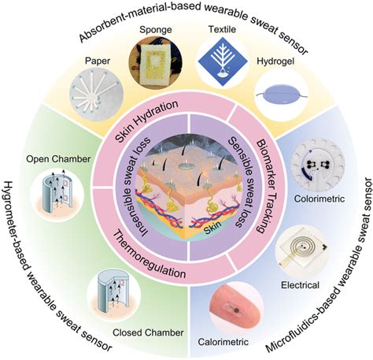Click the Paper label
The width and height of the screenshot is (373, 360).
coord(98,61)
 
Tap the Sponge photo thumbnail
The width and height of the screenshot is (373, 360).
coord(155,61)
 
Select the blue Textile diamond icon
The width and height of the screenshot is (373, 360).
coord(223,62)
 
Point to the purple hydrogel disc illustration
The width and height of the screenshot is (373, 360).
coord(281,95)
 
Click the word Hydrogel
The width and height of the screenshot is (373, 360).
coord(275,61)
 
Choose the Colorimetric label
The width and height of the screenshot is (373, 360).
coord(319,199)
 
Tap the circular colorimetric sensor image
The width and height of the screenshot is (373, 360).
coord(318,165)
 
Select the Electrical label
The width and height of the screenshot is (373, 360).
coord(300,285)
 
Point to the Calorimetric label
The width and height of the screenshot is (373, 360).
coord(223,342)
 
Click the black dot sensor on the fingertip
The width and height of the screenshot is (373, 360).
coord(237,310)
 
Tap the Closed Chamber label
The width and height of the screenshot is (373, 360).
coord(148,332)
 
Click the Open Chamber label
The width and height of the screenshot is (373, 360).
coord(58,159)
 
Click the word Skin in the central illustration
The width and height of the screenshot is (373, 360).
coord(212,225)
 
